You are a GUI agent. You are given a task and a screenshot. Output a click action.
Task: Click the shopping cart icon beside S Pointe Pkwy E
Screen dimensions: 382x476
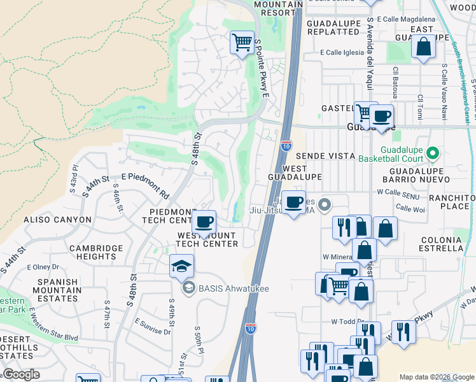click(242, 43)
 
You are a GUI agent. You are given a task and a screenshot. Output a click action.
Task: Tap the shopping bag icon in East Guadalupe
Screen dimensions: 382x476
click(423, 46)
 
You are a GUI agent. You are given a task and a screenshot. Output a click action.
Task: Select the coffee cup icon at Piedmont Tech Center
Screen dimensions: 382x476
click(204, 222)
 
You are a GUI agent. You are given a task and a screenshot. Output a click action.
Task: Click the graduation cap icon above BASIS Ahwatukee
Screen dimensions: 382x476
click(181, 265)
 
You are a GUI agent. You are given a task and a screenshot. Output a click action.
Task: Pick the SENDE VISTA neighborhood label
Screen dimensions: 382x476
click(325, 156)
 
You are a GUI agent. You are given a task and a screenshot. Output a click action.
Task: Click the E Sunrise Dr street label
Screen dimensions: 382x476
click(153, 329)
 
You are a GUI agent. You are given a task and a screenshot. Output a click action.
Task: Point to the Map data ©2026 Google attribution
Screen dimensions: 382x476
click(436, 377)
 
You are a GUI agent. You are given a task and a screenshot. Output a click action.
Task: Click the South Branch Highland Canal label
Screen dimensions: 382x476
click(461, 83)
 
